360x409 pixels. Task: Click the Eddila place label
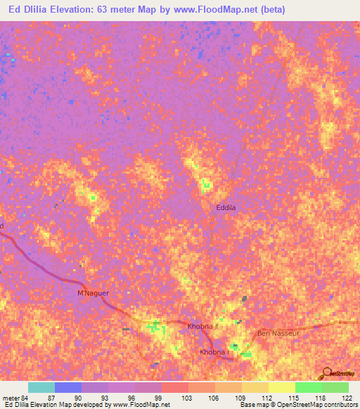(x=226, y=208)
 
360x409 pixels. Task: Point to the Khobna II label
(x=204, y=327)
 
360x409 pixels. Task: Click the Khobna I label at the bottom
(x=213, y=352)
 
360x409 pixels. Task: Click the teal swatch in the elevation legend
(x=41, y=387)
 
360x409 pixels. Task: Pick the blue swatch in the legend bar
(x=68, y=387)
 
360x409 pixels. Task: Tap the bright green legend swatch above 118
(x=308, y=387)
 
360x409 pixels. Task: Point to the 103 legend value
(x=186, y=398)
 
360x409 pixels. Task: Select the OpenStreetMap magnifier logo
(x=326, y=372)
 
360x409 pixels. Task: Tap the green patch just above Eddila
(x=205, y=186)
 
